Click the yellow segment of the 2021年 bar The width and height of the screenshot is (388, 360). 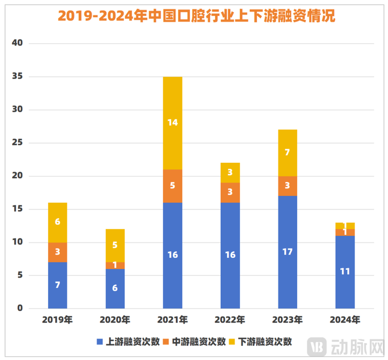tap(173, 123)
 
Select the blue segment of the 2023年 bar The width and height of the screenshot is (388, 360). tap(288, 252)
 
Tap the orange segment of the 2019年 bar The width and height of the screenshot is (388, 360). tap(58, 252)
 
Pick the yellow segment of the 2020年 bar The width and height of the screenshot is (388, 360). tap(115, 246)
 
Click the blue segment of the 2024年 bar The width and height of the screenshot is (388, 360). tap(345, 272)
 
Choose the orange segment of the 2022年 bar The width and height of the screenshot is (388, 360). tap(230, 192)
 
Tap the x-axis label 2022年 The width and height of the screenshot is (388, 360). tap(230, 320)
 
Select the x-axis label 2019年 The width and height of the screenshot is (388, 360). tap(58, 320)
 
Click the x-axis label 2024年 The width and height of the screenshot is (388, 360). tap(345, 320)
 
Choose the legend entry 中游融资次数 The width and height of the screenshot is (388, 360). tap(194, 342)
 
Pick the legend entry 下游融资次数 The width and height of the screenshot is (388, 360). tap(260, 342)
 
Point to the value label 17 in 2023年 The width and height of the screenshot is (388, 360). tap(288, 252)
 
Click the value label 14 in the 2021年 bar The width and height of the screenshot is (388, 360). tap(173, 123)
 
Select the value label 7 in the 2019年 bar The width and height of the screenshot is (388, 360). tap(58, 285)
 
